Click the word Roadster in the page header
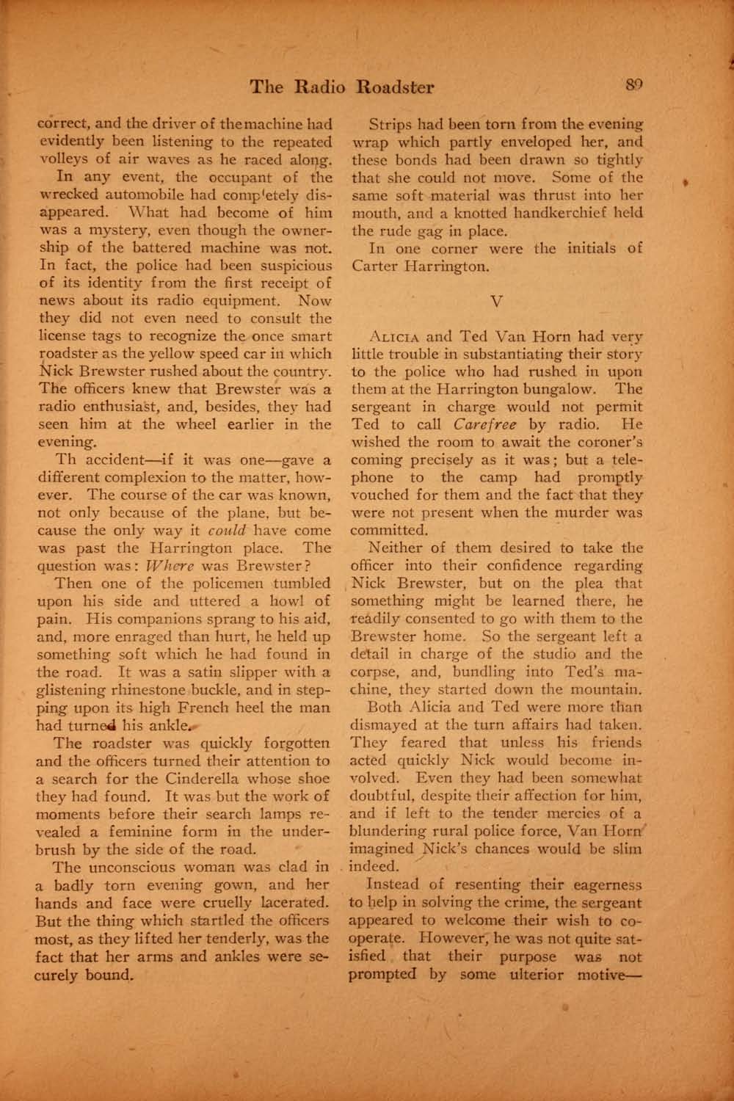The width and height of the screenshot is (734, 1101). [394, 88]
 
